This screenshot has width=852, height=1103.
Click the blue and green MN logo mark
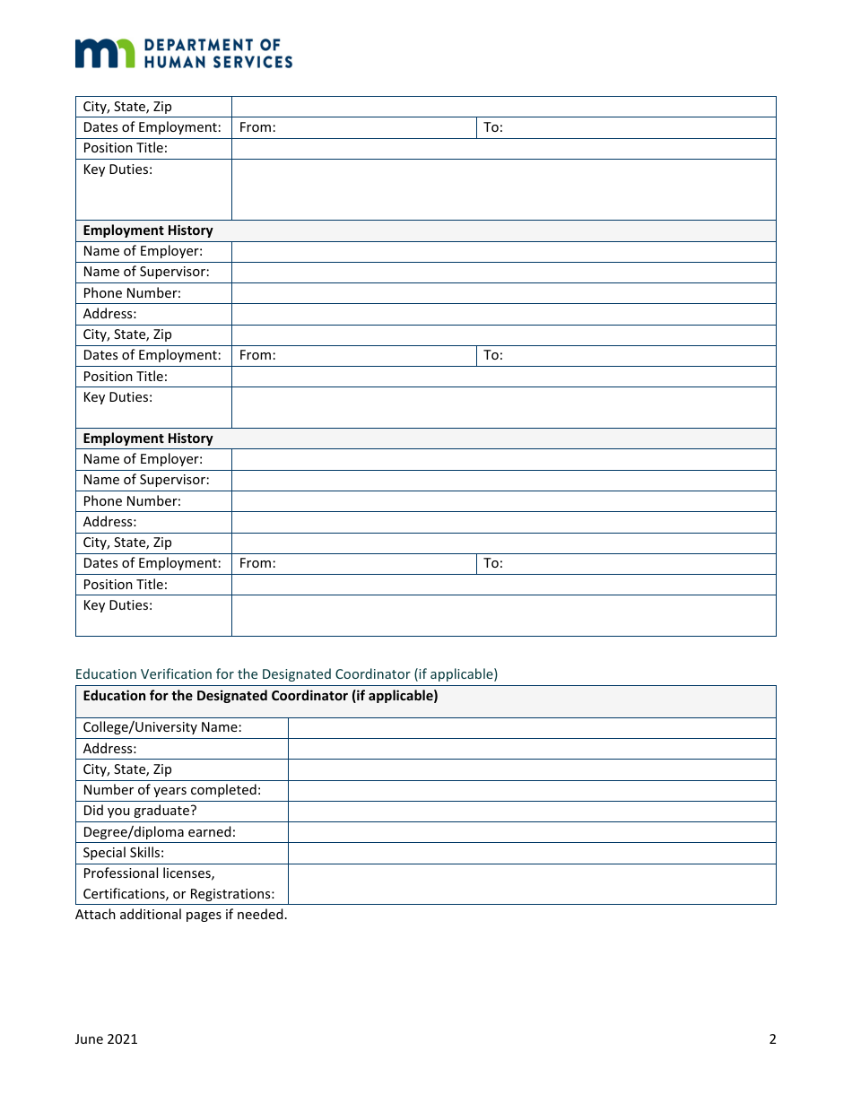pos(105,53)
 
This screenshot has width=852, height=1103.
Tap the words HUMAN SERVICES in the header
pos(218,62)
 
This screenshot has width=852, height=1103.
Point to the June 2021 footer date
pos(107,1039)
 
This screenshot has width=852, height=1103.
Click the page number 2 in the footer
pos(772,1039)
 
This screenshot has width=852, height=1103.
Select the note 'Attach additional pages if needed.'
pos(181,915)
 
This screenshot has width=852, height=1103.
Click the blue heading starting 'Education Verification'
pos(286,673)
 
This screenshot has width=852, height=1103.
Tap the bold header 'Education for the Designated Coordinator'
pos(260,696)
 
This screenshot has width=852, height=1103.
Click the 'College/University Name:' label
pos(162,727)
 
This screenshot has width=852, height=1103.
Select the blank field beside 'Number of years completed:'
pos(531,790)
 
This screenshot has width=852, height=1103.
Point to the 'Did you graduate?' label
pos(140,811)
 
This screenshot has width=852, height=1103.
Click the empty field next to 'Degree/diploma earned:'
pos(531,832)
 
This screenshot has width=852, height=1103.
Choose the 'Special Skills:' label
pos(124,853)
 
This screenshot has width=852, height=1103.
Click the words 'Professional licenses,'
pos(149,873)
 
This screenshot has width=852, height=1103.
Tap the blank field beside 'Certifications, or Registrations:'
pos(531,884)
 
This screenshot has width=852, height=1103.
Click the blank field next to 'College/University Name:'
pos(531,727)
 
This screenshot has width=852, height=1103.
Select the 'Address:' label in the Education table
pos(110,748)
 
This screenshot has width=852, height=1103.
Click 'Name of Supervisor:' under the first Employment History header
pos(146,272)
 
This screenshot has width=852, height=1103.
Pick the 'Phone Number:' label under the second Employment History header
pos(132,501)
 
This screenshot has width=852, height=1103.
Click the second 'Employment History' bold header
pos(148,439)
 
